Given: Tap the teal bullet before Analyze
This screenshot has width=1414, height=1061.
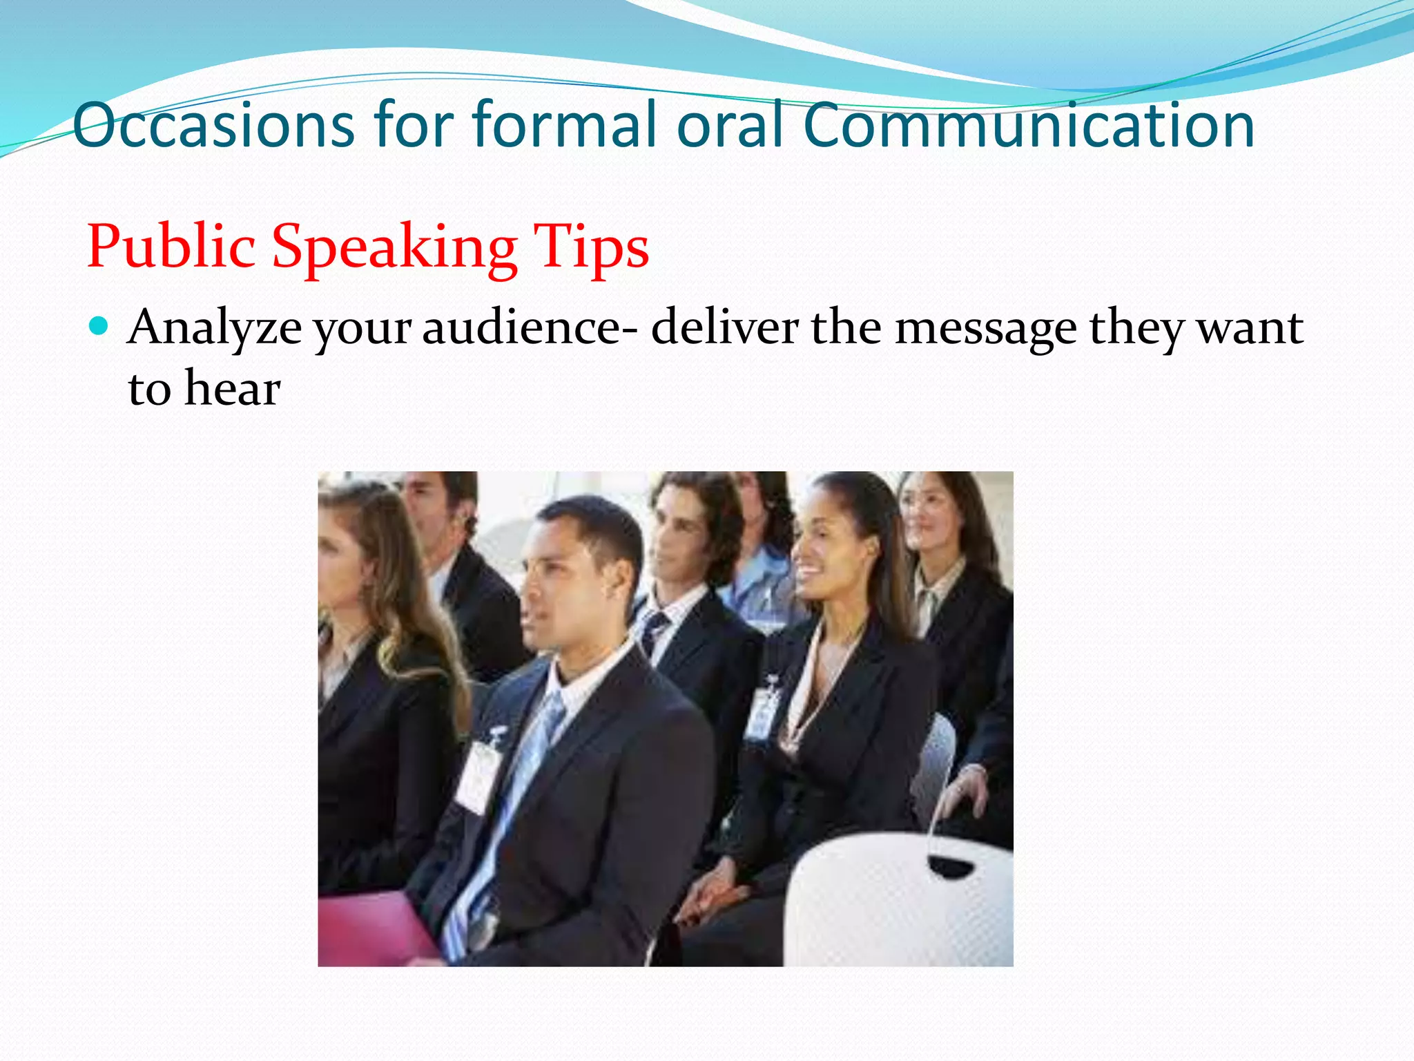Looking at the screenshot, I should tap(99, 325).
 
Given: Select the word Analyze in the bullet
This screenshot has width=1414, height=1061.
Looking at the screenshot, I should tap(215, 327).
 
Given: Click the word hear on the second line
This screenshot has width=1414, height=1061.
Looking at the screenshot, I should tap(233, 388).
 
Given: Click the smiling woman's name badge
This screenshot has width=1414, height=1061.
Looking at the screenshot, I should tap(762, 711).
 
